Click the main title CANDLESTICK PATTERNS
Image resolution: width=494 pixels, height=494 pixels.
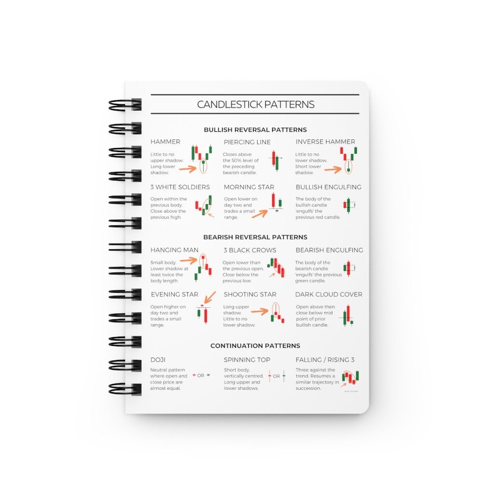(x=256, y=104)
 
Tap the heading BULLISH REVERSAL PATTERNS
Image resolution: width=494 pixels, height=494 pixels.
(x=255, y=130)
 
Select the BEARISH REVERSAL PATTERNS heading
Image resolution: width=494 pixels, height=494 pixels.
(x=255, y=237)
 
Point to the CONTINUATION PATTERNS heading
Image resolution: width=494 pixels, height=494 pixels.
(x=255, y=346)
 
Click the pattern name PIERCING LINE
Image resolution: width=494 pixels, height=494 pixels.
(x=247, y=142)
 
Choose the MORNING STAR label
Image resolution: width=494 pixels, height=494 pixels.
(x=249, y=187)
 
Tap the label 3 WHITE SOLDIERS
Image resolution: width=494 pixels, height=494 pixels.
(x=180, y=187)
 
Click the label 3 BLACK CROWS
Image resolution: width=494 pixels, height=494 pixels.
(x=250, y=250)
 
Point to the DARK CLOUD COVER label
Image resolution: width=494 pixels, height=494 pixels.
(x=329, y=294)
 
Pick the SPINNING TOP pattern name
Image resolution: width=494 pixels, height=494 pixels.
(x=247, y=360)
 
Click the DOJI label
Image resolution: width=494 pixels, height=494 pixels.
(x=158, y=360)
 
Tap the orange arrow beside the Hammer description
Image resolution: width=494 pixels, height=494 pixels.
(x=188, y=168)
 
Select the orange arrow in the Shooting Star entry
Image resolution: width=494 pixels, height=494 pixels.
(x=260, y=312)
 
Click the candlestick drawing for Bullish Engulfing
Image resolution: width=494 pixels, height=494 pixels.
(x=349, y=205)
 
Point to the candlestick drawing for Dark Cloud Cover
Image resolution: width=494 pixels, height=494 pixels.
(x=348, y=316)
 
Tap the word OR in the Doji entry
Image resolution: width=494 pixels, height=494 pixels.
(x=201, y=375)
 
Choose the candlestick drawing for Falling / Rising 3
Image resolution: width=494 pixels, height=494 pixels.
(x=351, y=378)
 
